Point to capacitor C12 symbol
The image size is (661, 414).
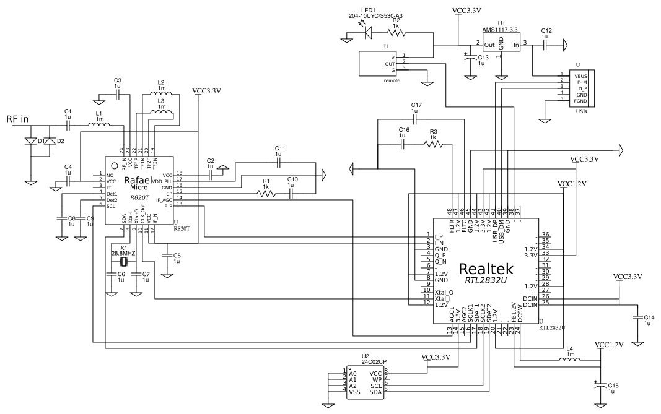[545, 45]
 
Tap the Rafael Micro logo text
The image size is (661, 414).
[138, 183]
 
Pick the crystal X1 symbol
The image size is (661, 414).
[124, 262]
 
